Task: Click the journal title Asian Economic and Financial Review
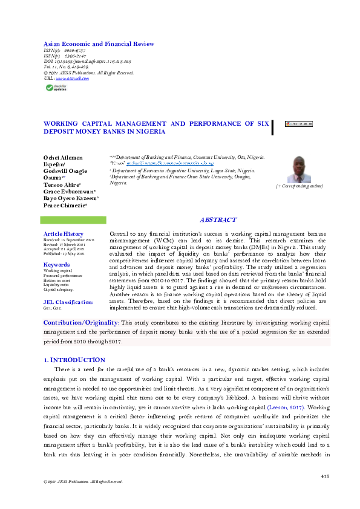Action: pos(99,44)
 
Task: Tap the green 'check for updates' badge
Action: pos(57,88)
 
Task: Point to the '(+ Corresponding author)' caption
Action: pos(299,186)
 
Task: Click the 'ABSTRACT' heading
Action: pos(218,220)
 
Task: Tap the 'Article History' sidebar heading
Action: pos(64,233)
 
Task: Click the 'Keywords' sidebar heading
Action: pos(57,265)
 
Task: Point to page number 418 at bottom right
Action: pos(324,476)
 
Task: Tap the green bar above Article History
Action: pos(75,220)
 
